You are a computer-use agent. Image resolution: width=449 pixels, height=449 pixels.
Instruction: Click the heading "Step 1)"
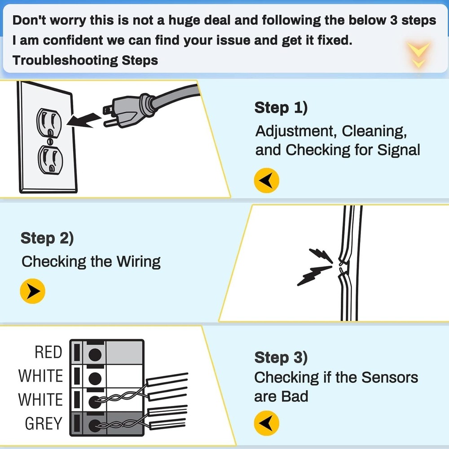[x=281, y=108]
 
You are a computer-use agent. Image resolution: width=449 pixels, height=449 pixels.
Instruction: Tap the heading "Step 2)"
[x=47, y=238]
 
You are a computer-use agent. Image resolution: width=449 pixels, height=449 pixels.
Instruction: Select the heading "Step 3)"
[x=281, y=358]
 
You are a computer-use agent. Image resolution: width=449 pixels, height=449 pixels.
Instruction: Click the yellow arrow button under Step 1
[x=267, y=181]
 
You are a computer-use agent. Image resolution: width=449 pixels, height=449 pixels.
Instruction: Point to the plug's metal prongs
[x=109, y=115]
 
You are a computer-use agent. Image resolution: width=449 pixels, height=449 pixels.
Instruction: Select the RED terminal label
[x=48, y=353]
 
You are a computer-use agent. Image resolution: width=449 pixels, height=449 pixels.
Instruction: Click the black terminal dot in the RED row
[x=94, y=353]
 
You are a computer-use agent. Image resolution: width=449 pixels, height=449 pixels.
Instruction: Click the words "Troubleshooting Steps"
[x=85, y=60]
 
